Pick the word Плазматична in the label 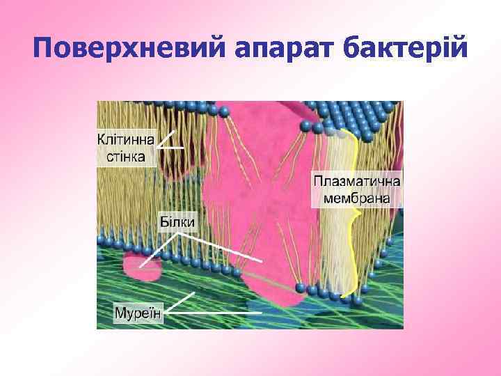357,181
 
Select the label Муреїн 138,313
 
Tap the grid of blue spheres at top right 362,115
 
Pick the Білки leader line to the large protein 223,246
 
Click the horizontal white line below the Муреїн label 216,314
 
